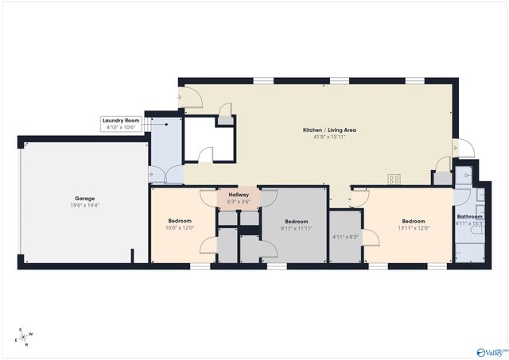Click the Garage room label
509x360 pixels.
coord(85,199)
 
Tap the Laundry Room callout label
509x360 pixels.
coord(121,121)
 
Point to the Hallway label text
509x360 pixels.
coord(239,195)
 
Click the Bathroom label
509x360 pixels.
coord(469,216)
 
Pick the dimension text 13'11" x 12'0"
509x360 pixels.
coord(414,228)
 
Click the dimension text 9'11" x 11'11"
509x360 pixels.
coord(296,228)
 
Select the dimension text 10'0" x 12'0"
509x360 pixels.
coord(180,228)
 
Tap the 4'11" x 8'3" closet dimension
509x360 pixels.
coord(345,237)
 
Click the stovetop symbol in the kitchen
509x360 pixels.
coord(394,178)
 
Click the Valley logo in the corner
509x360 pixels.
coord(491,350)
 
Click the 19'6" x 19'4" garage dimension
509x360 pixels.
coord(85,205)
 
